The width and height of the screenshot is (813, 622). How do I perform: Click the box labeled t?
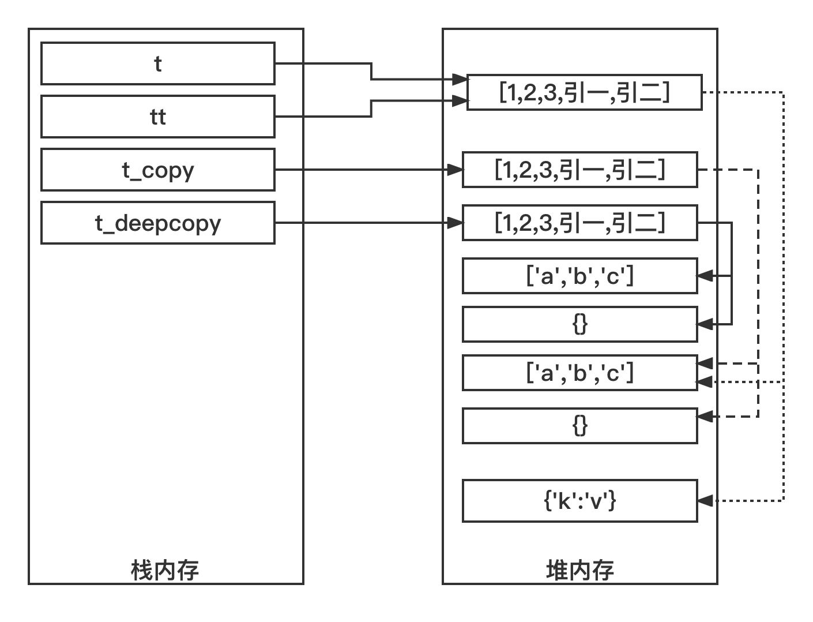tap(157, 63)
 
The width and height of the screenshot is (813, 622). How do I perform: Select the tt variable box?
tap(157, 117)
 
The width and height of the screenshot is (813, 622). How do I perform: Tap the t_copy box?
tap(157, 170)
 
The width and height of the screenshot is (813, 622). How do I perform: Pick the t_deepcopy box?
tap(157, 223)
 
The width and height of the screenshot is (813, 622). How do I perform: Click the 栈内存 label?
tap(165, 570)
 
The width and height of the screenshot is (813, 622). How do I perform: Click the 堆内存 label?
tap(579, 570)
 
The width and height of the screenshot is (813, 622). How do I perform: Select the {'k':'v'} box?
tap(579, 501)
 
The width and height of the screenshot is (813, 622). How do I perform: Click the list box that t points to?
tap(584, 92)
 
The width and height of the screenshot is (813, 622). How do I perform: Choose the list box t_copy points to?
tap(579, 170)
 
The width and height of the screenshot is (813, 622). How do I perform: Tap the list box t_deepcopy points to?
tap(579, 223)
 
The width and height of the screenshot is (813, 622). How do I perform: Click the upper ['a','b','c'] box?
tap(579, 276)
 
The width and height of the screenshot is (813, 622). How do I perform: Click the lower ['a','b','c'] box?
tap(579, 373)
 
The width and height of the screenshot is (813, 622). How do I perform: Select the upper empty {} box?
tap(579, 324)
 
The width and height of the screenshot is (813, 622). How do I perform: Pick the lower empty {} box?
tap(579, 426)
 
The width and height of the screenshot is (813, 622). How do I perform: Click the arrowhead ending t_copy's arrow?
tap(456, 170)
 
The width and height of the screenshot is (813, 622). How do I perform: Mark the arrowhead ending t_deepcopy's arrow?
tap(456, 223)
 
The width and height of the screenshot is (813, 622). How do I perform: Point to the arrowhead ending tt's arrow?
tap(460, 101)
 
